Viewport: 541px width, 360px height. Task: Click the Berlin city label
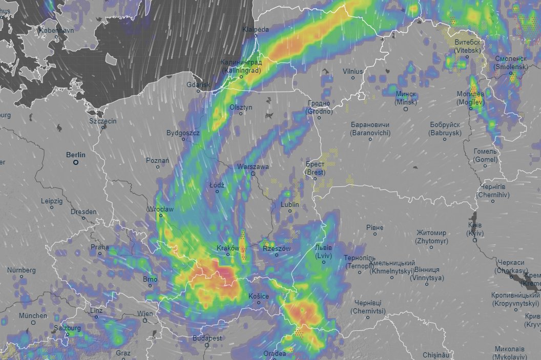point(76,154)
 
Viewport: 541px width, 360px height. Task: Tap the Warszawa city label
point(253,167)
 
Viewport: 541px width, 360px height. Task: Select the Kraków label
point(228,248)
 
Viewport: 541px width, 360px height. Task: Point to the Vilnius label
point(353,71)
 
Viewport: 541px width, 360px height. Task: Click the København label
point(57,31)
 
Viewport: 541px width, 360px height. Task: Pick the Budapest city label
point(207,338)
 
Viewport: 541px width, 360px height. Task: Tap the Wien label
point(145,313)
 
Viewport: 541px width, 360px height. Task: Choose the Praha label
point(99,247)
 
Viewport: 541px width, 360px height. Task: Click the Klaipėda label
point(256,30)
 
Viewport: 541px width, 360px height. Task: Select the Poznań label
point(158,160)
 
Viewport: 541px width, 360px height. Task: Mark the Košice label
point(258,296)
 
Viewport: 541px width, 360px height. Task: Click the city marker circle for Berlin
point(76,162)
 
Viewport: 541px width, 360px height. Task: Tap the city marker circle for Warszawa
point(253,174)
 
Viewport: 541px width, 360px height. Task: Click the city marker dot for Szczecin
point(103,127)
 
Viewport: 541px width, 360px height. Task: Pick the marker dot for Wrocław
point(160,216)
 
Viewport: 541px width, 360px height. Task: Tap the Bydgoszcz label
point(183,133)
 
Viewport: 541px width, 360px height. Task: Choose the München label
point(33,315)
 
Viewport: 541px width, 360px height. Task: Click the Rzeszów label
point(277,248)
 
